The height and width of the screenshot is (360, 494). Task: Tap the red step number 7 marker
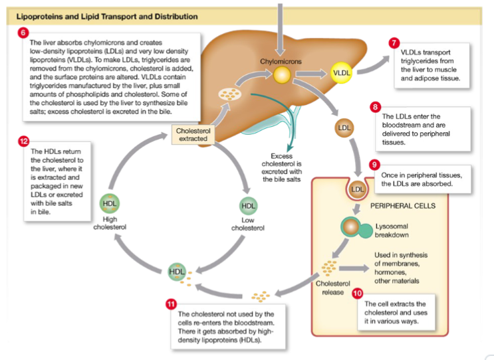(x=394, y=43)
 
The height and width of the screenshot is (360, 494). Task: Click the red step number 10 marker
(x=357, y=292)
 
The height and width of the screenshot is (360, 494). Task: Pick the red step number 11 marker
(x=171, y=304)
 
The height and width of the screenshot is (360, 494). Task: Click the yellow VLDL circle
(x=341, y=72)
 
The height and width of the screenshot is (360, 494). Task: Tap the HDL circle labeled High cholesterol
(x=110, y=204)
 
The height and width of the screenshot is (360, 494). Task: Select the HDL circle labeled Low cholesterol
(x=247, y=205)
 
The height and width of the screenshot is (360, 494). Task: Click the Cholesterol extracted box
(x=193, y=135)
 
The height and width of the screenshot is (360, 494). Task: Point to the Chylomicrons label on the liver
(x=281, y=62)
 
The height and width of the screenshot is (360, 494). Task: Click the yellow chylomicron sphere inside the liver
(x=282, y=74)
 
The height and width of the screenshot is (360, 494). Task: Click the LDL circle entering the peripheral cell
(x=358, y=189)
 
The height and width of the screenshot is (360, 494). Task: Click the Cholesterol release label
(x=328, y=288)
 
